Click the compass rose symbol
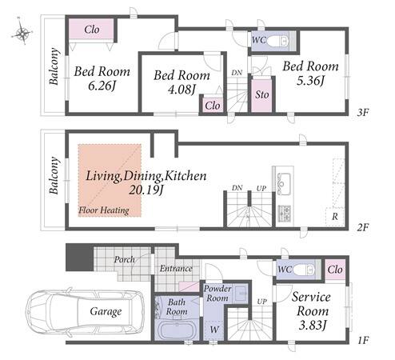tap(22, 33)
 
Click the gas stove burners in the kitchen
tap(284, 214)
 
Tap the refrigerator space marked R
tap(335, 217)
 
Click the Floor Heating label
tap(104, 210)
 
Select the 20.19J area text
tap(146, 190)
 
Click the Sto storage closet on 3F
tap(261, 94)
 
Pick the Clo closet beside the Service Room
tap(335, 270)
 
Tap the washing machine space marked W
tap(214, 330)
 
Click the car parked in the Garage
tap(85, 311)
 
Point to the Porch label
tap(124, 259)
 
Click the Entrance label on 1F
tap(176, 268)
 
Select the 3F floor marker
tap(362, 113)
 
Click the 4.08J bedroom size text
tap(182, 90)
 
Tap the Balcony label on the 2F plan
tap(54, 176)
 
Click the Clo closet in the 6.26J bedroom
tap(92, 30)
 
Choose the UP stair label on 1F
tap(261, 302)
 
